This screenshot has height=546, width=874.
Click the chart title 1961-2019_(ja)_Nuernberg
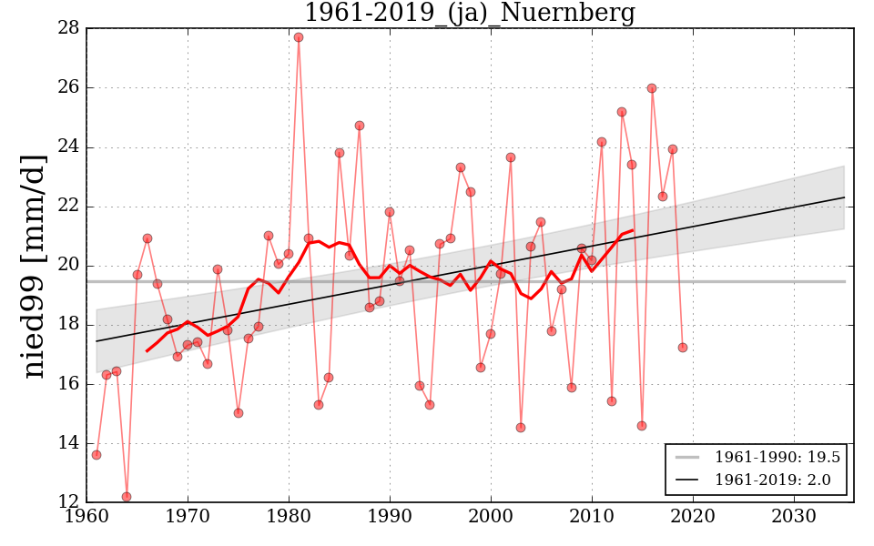(x=469, y=14)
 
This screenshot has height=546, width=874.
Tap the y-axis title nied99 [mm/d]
(x=35, y=266)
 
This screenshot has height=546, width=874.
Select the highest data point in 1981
(x=299, y=37)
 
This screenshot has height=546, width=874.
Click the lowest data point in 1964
(x=127, y=497)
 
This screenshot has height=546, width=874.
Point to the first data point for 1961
(x=97, y=455)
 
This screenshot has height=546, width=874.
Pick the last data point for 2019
(x=683, y=348)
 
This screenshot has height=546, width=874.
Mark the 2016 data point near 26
(x=652, y=88)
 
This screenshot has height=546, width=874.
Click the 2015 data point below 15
(x=642, y=426)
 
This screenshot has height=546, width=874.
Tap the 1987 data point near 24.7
(x=360, y=126)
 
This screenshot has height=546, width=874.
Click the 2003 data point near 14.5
(x=521, y=428)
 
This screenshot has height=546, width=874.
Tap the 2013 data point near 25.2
(x=622, y=112)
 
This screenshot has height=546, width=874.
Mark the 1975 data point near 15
(x=239, y=413)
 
